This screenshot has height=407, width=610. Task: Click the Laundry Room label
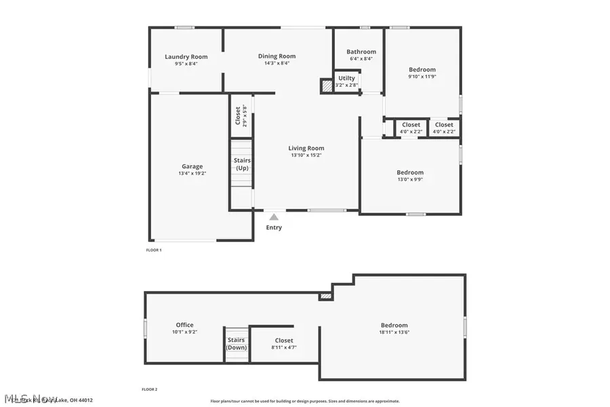pyautogui.click(x=186, y=57)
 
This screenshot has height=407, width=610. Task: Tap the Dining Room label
pyautogui.click(x=277, y=56)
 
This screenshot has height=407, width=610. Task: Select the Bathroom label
pyautogui.click(x=361, y=52)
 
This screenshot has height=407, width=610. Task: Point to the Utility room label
pyautogui.click(x=346, y=78)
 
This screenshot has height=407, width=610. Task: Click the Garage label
pyautogui.click(x=192, y=166)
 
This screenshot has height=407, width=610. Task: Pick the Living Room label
pyautogui.click(x=306, y=148)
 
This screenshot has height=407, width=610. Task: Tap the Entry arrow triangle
pyautogui.click(x=274, y=217)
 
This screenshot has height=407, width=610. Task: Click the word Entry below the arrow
pyautogui.click(x=274, y=227)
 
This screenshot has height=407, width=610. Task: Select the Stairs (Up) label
pyautogui.click(x=242, y=164)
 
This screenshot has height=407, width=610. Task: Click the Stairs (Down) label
pyautogui.click(x=237, y=344)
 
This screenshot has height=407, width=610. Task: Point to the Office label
pyautogui.click(x=184, y=325)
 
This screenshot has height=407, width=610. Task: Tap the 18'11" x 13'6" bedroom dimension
pyautogui.click(x=394, y=332)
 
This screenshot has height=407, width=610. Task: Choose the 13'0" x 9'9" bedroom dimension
pyautogui.click(x=410, y=179)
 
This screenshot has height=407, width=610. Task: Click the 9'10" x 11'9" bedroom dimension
pyautogui.click(x=422, y=77)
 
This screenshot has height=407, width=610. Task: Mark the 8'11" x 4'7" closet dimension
pyautogui.click(x=284, y=347)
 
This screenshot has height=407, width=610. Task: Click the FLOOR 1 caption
pyautogui.click(x=154, y=250)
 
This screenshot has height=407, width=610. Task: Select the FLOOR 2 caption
pyautogui.click(x=149, y=389)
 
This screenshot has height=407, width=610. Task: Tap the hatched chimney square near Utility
pyautogui.click(x=327, y=86)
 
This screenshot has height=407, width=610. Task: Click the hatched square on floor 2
pyautogui.click(x=326, y=296)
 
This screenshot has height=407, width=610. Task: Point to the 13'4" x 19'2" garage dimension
pyautogui.click(x=192, y=174)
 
